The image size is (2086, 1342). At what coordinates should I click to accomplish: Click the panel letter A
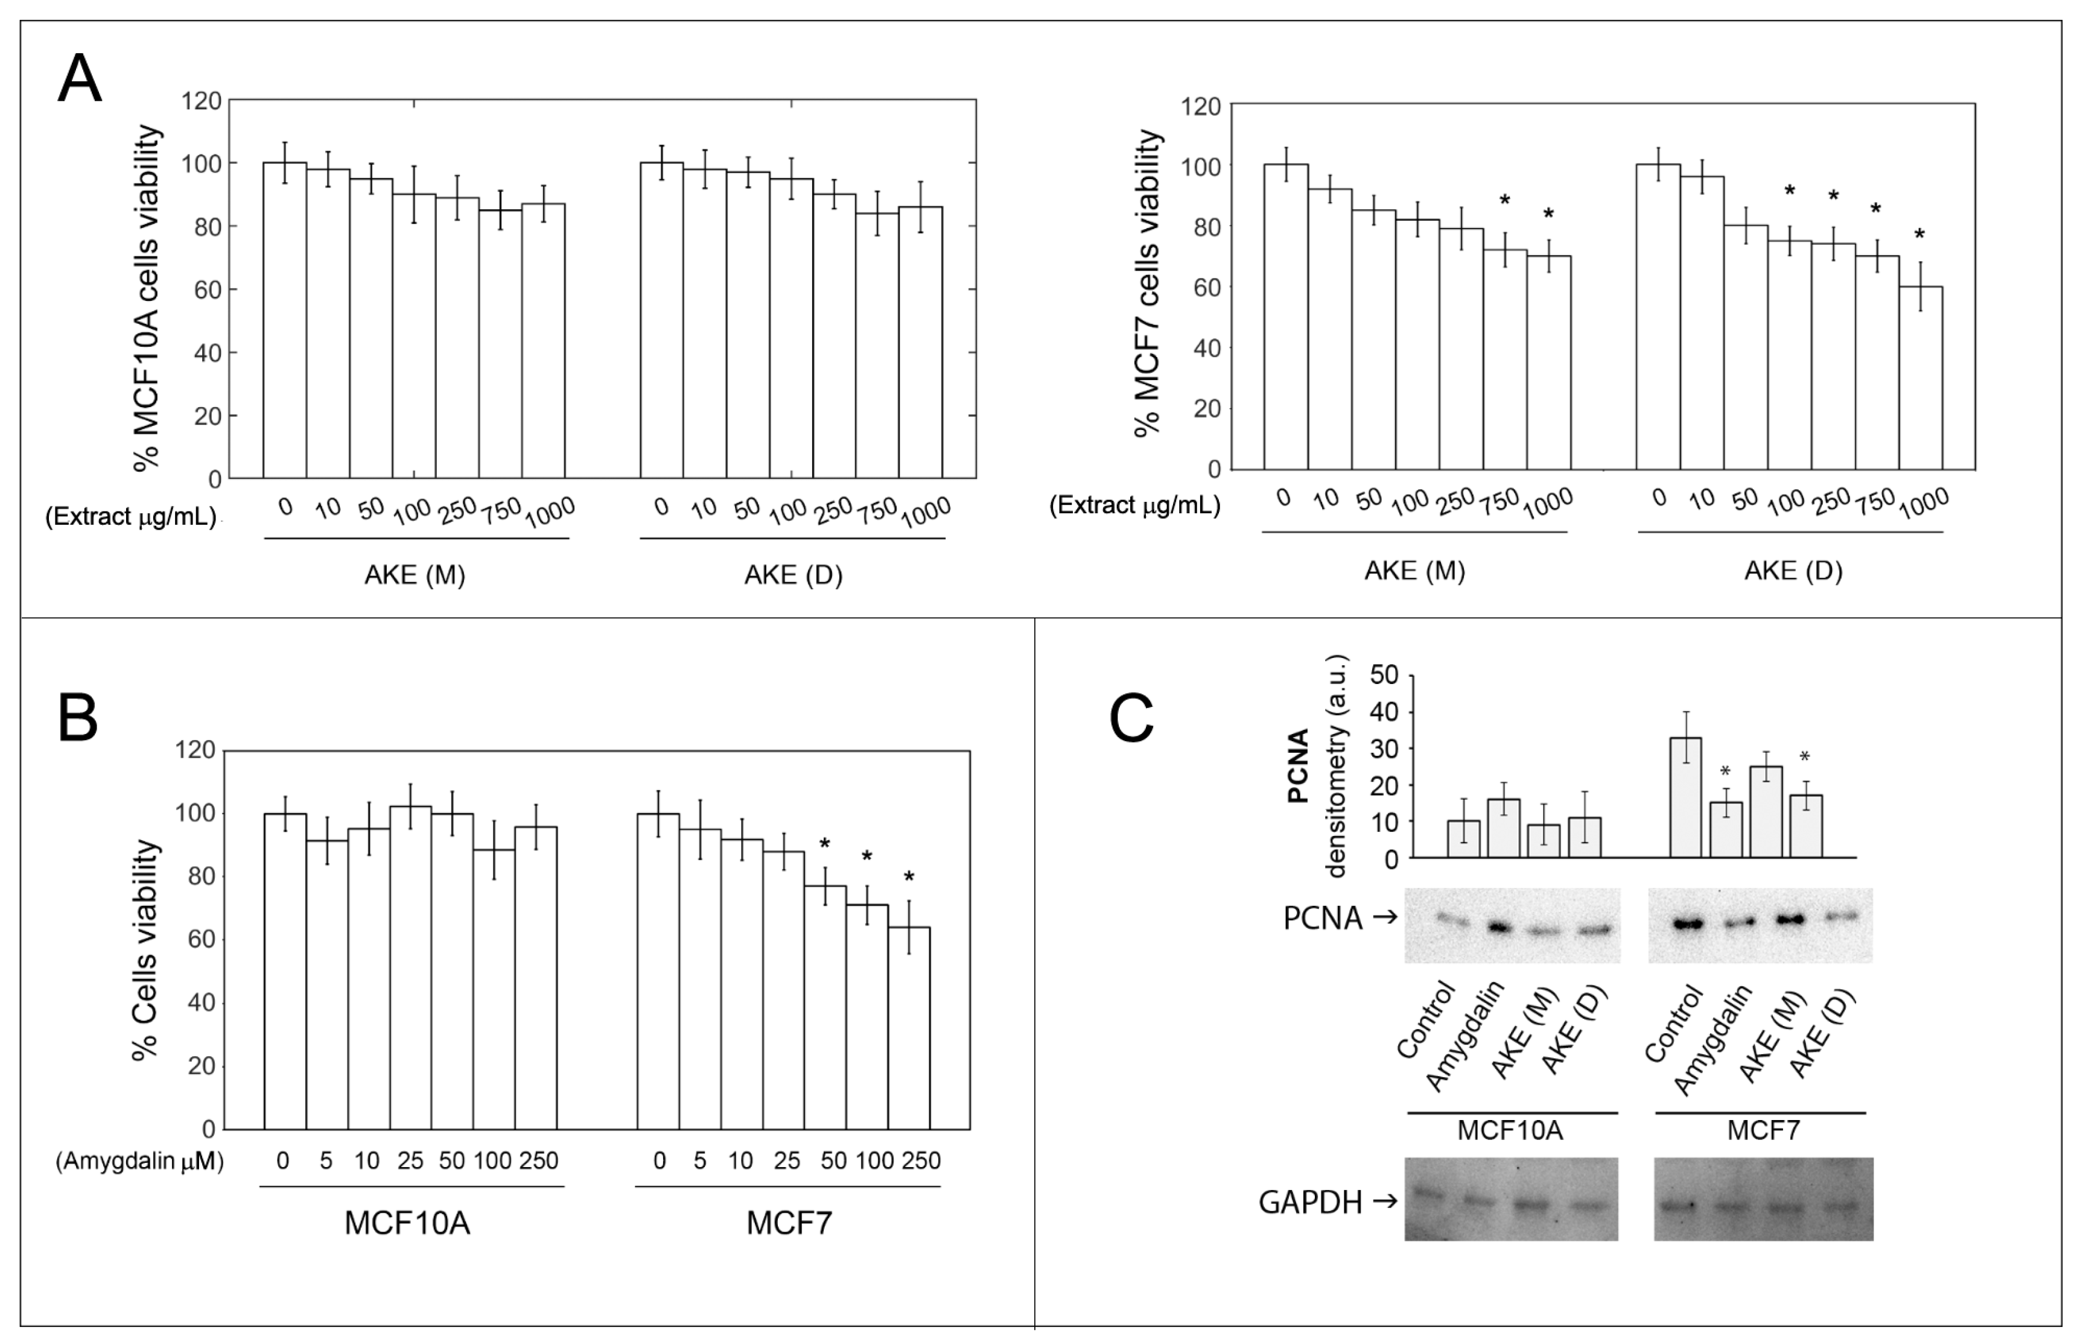click(79, 78)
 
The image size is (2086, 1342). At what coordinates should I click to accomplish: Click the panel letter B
click(78, 718)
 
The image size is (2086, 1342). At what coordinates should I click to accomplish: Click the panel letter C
click(1131, 719)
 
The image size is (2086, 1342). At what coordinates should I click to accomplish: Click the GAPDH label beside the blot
click(1309, 1203)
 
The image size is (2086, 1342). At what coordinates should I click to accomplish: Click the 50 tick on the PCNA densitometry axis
click(1384, 674)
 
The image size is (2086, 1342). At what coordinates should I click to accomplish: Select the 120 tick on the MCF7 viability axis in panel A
click(1200, 106)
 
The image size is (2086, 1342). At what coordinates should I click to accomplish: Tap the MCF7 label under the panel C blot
click(1763, 1131)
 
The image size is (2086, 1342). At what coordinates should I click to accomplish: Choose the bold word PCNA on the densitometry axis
click(1299, 765)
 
